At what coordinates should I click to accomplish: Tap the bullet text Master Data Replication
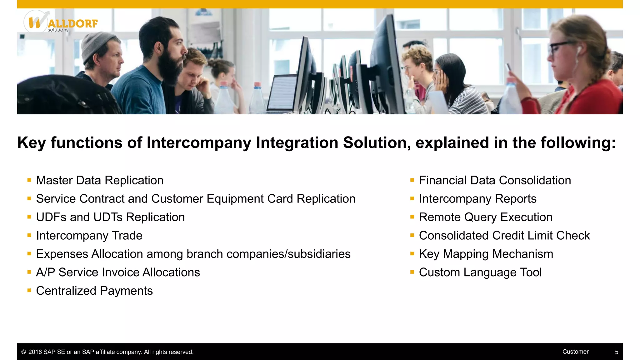pyautogui.click(x=100, y=180)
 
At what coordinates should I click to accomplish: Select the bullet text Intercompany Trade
pyautogui.click(x=89, y=236)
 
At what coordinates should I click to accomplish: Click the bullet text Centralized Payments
pyautogui.click(x=94, y=291)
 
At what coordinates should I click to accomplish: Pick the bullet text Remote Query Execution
pyautogui.click(x=485, y=217)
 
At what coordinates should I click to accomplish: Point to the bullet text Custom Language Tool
pyautogui.click(x=480, y=272)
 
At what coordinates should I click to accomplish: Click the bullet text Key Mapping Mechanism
pyautogui.click(x=486, y=254)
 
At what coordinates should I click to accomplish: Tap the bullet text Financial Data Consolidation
pyautogui.click(x=495, y=180)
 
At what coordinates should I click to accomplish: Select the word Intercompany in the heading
pyautogui.click(x=199, y=143)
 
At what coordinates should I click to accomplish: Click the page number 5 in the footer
pyautogui.click(x=616, y=352)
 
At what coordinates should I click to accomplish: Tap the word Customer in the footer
pyautogui.click(x=575, y=352)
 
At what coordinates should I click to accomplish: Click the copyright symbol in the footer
pyautogui.click(x=23, y=352)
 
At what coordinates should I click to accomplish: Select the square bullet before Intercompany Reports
pyautogui.click(x=412, y=198)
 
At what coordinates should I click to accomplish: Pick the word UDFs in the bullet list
pyautogui.click(x=51, y=217)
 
